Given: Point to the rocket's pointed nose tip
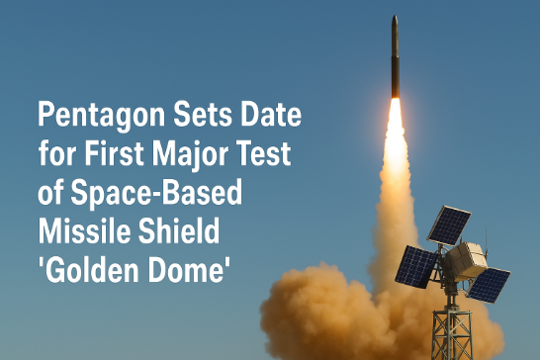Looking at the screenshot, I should click(x=395, y=18).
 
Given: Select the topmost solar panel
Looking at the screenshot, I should click(x=449, y=225).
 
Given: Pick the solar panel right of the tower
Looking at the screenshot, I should click(x=488, y=285).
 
